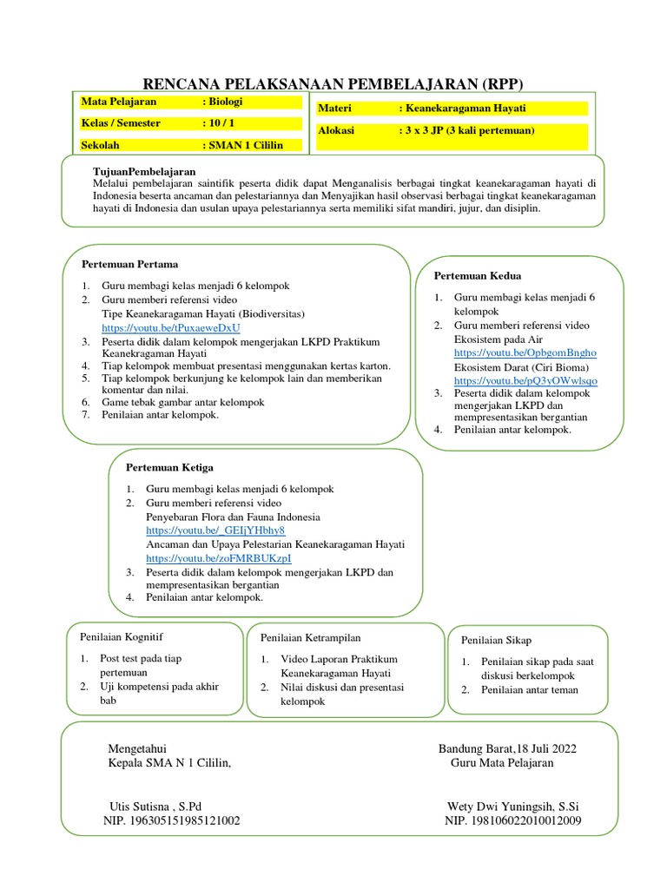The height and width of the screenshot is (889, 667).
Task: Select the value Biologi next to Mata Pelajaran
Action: [225, 102]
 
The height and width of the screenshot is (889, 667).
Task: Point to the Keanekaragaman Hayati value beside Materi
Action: [466, 109]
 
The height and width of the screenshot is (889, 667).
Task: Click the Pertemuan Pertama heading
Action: [129, 264]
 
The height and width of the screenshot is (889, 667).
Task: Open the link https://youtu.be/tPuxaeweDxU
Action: [170, 328]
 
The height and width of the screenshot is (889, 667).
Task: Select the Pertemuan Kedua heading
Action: [478, 276]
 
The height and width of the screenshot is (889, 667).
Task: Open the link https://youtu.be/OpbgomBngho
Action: [525, 354]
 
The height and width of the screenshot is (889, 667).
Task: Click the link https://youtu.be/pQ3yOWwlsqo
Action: [525, 380]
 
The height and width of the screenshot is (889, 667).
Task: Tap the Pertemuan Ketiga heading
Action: [170, 468]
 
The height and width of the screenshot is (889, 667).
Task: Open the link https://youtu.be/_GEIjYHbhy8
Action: [215, 530]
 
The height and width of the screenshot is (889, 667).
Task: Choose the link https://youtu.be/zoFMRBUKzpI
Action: [219, 558]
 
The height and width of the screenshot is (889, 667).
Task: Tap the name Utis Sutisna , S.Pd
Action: [155, 806]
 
